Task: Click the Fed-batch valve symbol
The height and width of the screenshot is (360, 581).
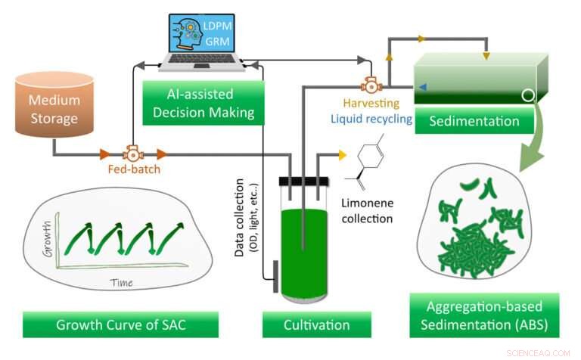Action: click(132, 154)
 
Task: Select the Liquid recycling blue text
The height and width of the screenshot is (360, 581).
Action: click(371, 119)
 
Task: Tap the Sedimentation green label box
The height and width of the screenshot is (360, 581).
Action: click(474, 121)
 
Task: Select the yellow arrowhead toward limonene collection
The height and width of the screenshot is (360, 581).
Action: click(342, 155)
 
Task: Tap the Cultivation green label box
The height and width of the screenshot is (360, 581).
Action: click(306, 325)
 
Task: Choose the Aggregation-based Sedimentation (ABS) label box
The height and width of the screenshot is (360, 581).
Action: click(482, 316)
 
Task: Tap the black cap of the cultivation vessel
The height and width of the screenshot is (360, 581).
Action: click(303, 182)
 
